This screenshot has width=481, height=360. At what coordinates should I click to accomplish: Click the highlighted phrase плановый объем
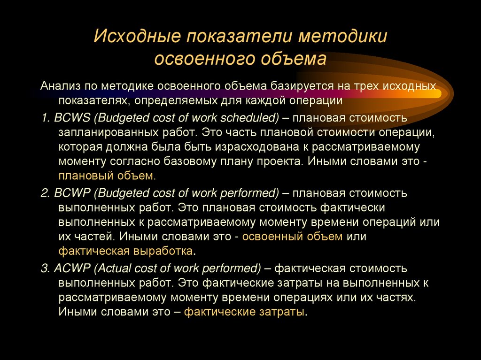coord(107,176)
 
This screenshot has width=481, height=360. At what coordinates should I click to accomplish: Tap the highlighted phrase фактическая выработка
coord(125,251)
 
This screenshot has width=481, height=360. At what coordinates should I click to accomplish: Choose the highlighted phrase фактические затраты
coord(244,312)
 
